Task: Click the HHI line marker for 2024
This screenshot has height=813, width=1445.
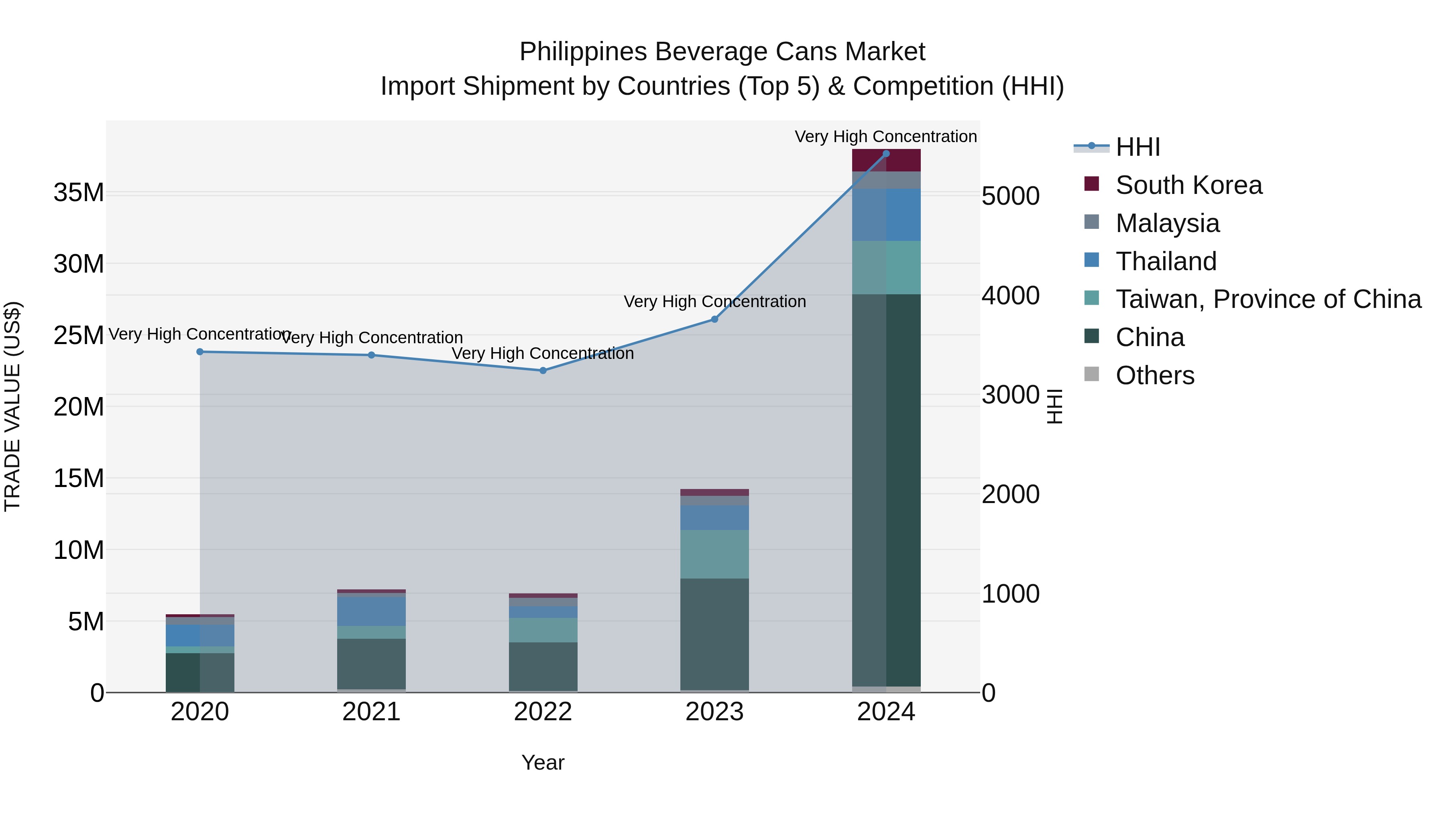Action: click(x=886, y=154)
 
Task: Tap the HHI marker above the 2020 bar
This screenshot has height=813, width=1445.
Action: click(x=200, y=352)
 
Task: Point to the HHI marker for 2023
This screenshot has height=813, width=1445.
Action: click(x=714, y=319)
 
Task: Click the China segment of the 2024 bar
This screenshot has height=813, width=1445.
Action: click(x=886, y=488)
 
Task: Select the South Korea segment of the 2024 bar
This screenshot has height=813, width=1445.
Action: click(x=886, y=161)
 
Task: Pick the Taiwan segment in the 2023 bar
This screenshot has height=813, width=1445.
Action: click(x=714, y=554)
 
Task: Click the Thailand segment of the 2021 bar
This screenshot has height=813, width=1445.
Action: click(x=371, y=611)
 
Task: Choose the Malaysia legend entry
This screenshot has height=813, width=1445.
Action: click(x=1167, y=223)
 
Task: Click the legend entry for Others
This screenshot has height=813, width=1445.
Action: click(x=1155, y=375)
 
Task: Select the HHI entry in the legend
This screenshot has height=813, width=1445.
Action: click(x=1138, y=147)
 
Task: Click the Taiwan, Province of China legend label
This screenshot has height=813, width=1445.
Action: click(x=1268, y=299)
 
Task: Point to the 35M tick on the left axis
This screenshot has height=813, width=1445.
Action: click(x=79, y=193)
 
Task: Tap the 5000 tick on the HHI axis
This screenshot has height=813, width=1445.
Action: click(x=1011, y=196)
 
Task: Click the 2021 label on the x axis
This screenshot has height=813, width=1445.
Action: click(x=371, y=712)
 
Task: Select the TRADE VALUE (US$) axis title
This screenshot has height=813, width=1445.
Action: click(x=13, y=406)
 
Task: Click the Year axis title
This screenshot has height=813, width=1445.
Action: click(x=542, y=762)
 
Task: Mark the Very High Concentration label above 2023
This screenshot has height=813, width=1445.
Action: click(x=714, y=302)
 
